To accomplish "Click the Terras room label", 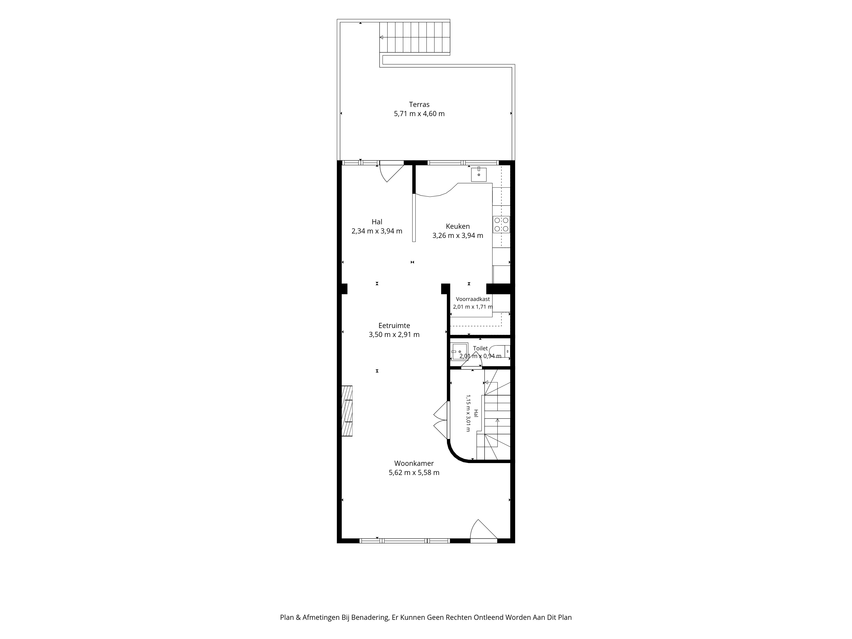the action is (419, 104).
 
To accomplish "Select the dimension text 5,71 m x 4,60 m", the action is (419, 114).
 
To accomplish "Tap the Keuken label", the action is (458, 226).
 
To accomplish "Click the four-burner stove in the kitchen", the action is (501, 225).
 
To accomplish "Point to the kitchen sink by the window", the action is (479, 174).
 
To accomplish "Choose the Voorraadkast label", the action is (473, 299).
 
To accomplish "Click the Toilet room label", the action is (480, 348).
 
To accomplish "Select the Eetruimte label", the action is (394, 325).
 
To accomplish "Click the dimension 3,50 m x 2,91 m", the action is (394, 335).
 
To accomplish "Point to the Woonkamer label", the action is (414, 463).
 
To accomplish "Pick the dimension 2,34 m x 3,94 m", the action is (377, 231).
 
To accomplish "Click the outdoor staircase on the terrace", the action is (415, 37).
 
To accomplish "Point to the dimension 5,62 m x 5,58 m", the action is (414, 473).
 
